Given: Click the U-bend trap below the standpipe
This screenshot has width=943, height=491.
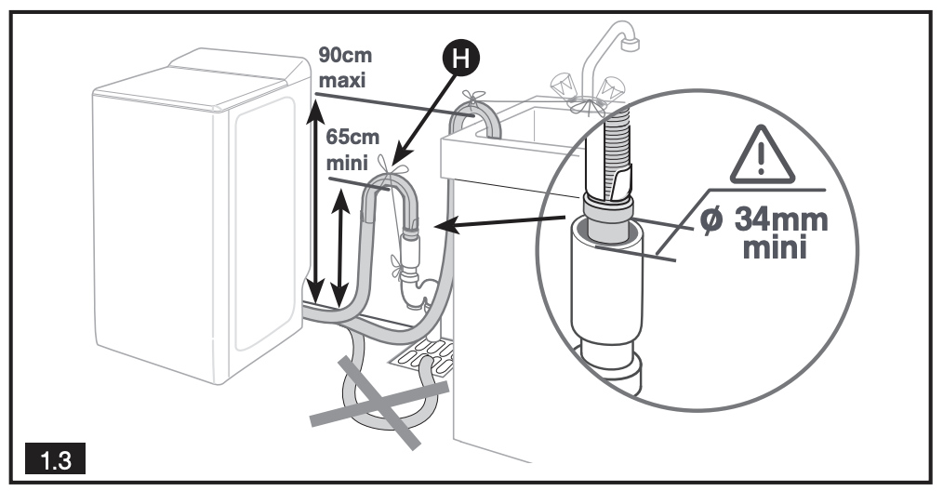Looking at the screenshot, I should [415, 288].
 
